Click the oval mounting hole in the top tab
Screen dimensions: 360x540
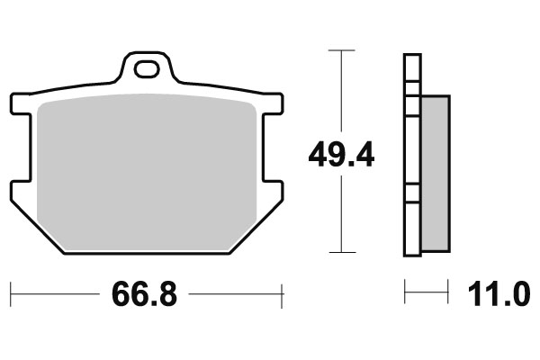[x=147, y=67]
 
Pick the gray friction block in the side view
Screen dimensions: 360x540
[x=435, y=173]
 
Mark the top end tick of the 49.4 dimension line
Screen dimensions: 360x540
[x=341, y=50]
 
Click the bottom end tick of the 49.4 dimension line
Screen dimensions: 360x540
[x=341, y=253]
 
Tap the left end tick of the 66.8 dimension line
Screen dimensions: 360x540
[x=11, y=292]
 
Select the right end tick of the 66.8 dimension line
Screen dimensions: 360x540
[x=283, y=292]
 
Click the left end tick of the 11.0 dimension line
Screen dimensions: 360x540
[x=405, y=292]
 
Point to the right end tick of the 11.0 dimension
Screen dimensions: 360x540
[x=447, y=292]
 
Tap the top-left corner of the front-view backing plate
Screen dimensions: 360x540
[x=13, y=97]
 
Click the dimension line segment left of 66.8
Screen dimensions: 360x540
[x=54, y=292]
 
